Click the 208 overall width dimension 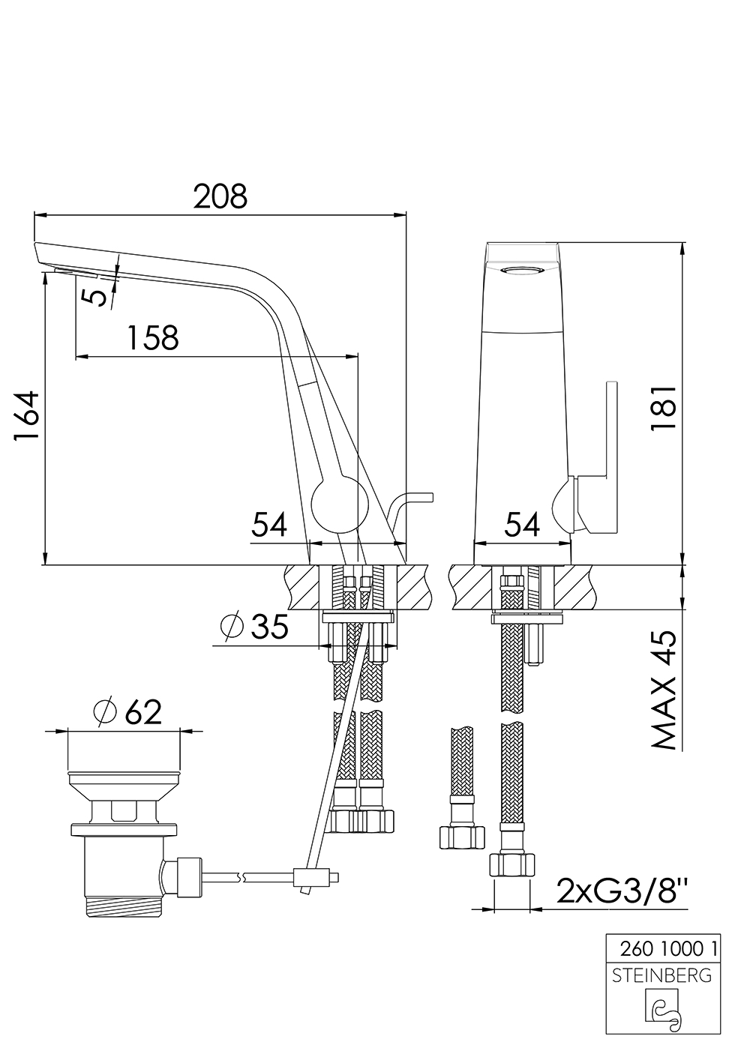tap(220, 197)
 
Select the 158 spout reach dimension tap(152, 337)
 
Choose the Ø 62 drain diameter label tap(127, 711)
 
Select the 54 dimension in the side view tap(269, 525)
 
